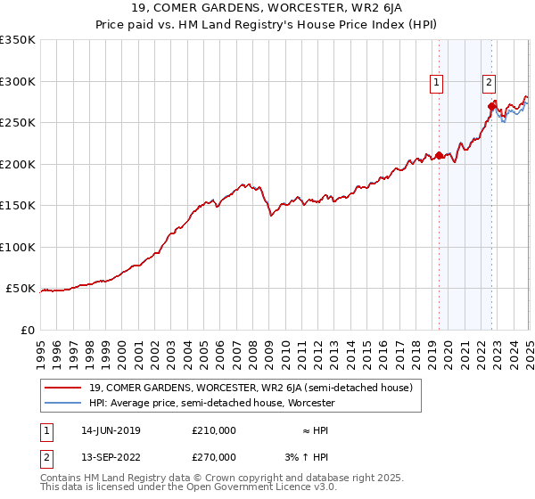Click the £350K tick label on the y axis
[x=18, y=40]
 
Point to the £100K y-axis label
[x=18, y=247]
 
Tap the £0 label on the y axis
[x=27, y=330]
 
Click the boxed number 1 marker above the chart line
[x=437, y=84]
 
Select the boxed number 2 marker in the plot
[x=490, y=84]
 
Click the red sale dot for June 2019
[x=439, y=155]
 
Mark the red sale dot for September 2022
[x=491, y=106]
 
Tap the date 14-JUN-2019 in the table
[x=111, y=430]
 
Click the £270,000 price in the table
[x=214, y=456]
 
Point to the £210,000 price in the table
[x=214, y=430]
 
